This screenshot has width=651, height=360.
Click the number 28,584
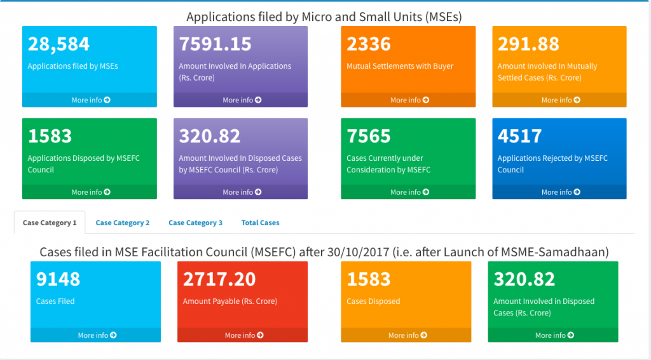(58, 44)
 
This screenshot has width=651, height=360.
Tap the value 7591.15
(215, 44)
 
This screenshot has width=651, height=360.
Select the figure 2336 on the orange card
(368, 44)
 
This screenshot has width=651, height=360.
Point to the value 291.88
(528, 44)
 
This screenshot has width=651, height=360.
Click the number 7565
(368, 136)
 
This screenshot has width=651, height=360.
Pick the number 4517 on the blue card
(519, 136)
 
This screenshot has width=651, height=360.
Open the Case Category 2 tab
(123, 223)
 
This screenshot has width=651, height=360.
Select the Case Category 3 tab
(195, 223)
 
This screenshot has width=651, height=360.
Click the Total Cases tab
(260, 223)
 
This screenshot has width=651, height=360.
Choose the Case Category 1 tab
(50, 223)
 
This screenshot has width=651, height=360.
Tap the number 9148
(58, 279)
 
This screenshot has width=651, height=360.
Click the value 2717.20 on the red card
(219, 279)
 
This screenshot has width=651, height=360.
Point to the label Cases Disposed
(373, 301)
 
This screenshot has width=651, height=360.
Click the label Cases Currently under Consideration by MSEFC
(388, 164)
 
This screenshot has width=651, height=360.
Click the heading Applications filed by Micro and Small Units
(324, 17)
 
